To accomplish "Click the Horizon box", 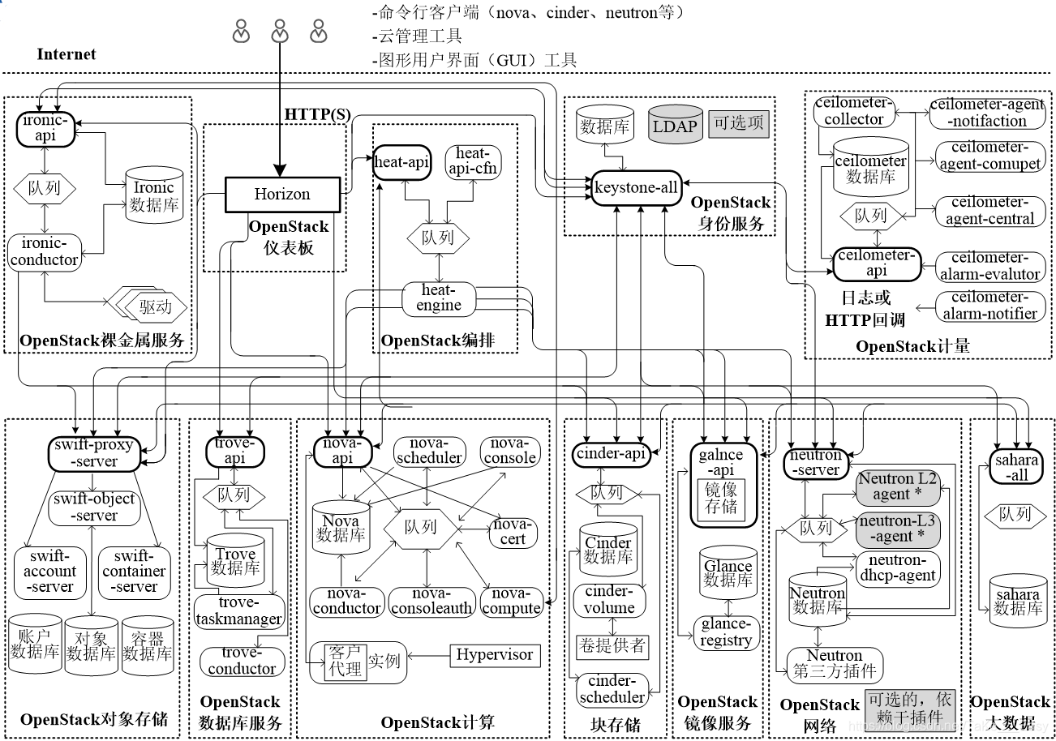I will click(x=282, y=194).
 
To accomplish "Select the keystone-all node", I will click(x=636, y=187).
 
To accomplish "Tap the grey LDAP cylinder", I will click(x=675, y=125).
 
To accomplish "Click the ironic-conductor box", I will click(x=45, y=251).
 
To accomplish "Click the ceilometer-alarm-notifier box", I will click(x=989, y=306).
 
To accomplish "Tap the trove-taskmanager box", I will click(x=239, y=611).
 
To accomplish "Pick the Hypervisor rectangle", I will click(x=495, y=655).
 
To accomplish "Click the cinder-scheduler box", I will click(x=612, y=688).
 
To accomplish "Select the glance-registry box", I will click(x=727, y=632).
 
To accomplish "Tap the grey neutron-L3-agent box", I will click(x=898, y=529).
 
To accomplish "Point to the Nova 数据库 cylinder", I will click(x=341, y=528).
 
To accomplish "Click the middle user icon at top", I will click(x=280, y=32).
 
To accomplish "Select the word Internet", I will click(x=66, y=54).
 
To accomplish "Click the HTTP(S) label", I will click(x=317, y=114).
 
